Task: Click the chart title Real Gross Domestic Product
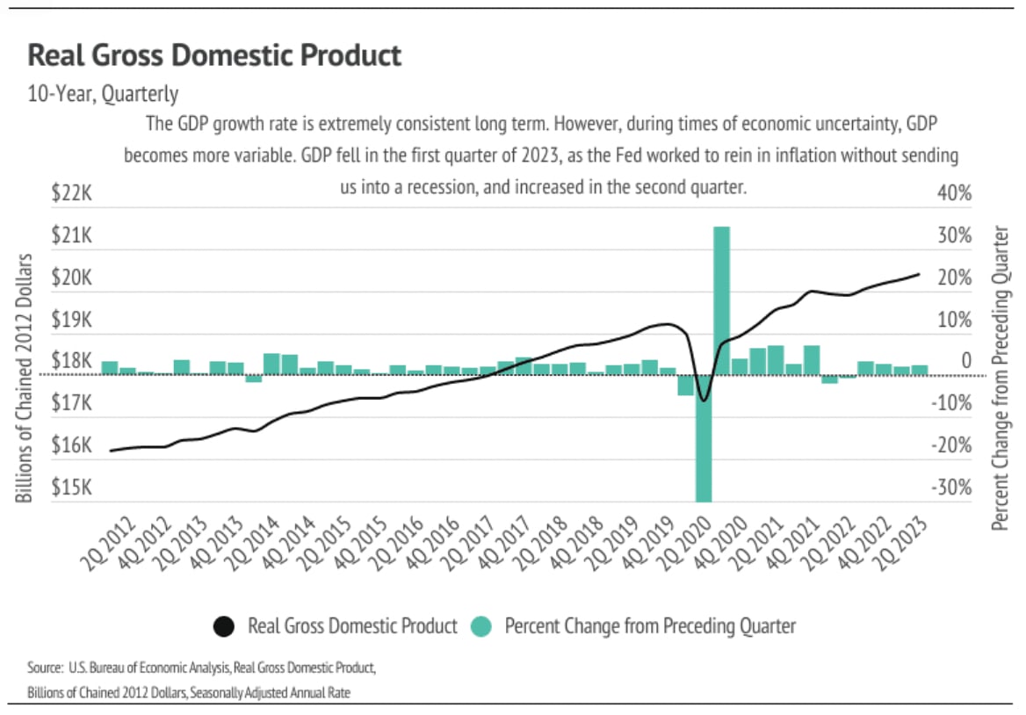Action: (x=214, y=56)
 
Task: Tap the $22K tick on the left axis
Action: (x=71, y=194)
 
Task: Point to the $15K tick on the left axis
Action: (x=71, y=488)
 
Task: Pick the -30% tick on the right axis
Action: (x=950, y=488)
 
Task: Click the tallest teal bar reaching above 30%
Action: (x=721, y=299)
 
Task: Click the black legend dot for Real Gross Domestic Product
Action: (x=224, y=626)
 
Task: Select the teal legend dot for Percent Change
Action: (x=480, y=626)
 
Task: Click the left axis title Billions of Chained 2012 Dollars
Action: (x=25, y=378)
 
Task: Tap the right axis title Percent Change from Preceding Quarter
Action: (x=1001, y=377)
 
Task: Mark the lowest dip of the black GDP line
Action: (x=703, y=401)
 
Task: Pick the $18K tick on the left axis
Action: (x=71, y=362)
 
